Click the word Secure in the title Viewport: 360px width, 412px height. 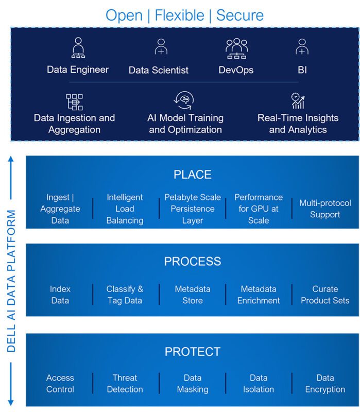(239, 14)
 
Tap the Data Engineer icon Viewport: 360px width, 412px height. (78, 48)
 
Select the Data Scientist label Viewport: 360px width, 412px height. (159, 70)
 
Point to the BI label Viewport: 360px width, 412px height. (302, 70)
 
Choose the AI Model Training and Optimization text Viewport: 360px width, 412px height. (185, 124)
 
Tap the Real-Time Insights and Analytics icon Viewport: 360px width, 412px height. (298, 100)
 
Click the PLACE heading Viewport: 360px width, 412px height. (192, 175)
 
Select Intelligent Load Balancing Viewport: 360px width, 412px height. (125, 209)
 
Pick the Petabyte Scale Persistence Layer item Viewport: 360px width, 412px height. (193, 209)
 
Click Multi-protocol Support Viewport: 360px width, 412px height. (325, 209)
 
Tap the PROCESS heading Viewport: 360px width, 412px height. (192, 262)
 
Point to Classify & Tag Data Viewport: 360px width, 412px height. (125, 295)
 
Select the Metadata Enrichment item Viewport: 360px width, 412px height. (259, 295)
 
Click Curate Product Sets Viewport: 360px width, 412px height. (325, 295)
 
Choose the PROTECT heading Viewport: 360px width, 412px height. (192, 352)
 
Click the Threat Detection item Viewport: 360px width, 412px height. (125, 384)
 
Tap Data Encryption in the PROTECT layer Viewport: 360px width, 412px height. (325, 384)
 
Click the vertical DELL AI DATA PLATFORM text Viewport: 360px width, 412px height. (12, 281)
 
